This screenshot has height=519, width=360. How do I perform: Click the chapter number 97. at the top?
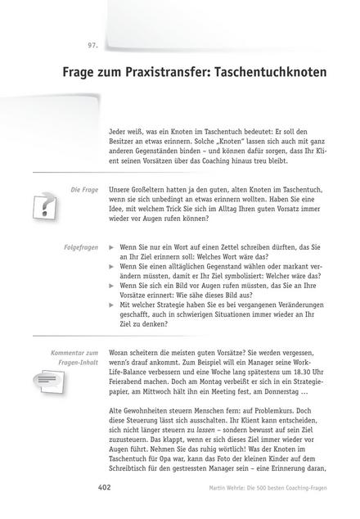[92, 43]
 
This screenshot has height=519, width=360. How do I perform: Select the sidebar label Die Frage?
[84, 188]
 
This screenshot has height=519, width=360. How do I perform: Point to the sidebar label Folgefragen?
[81, 246]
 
